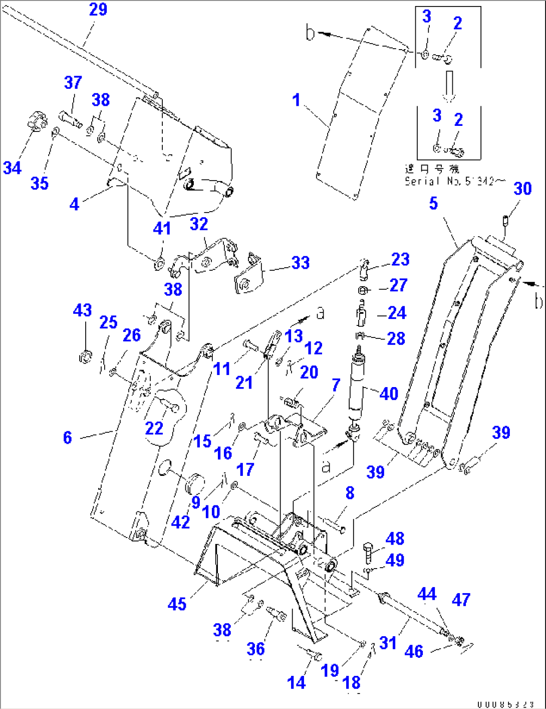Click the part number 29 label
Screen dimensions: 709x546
tap(98, 10)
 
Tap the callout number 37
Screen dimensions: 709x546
tap(73, 83)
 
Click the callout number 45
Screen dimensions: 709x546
tap(177, 604)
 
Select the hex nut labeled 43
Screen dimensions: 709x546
tap(85, 357)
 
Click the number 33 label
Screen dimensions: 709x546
tap(300, 263)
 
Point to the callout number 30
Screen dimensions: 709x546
tap(522, 189)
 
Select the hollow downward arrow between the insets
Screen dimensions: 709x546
tap(449, 85)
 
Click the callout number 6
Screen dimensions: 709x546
tap(68, 437)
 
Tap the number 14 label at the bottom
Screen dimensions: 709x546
tap(296, 682)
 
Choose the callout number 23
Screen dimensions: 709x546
tap(400, 259)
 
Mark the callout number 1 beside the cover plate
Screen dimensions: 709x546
tap(296, 100)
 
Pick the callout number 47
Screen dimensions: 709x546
tap(461, 600)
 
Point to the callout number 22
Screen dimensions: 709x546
tap(154, 428)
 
